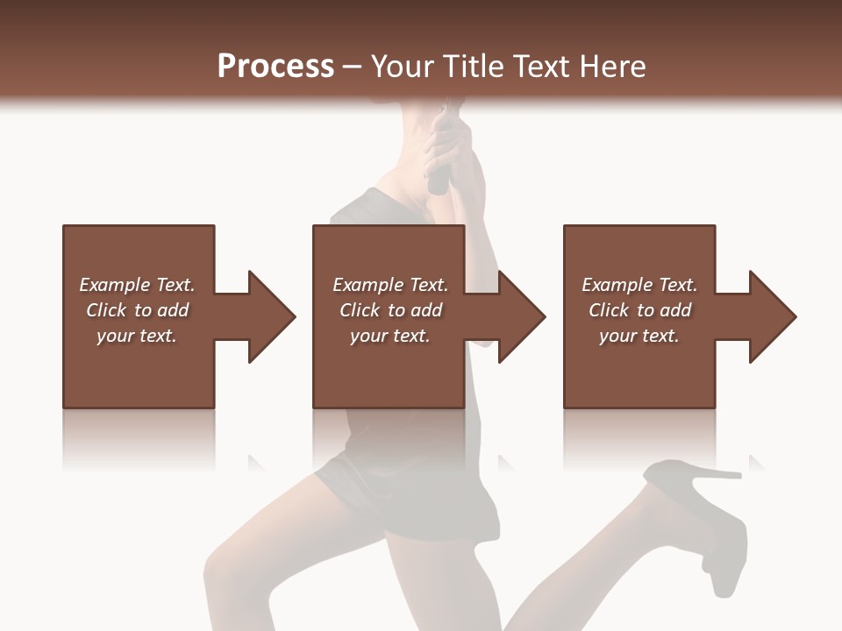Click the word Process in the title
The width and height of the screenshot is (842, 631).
[x=275, y=67]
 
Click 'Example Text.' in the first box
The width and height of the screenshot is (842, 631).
[x=137, y=285]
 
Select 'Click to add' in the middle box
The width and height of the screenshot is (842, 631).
[x=390, y=310]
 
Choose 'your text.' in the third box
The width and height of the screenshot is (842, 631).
[x=639, y=336]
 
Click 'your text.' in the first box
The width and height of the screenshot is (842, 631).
[x=137, y=336]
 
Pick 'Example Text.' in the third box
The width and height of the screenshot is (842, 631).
[x=639, y=285]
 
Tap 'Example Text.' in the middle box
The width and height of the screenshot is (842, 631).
[x=390, y=285]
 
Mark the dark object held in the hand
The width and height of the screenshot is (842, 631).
[x=437, y=180]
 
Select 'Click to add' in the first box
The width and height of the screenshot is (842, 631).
[x=137, y=310]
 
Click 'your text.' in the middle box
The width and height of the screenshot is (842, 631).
[x=390, y=336]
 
